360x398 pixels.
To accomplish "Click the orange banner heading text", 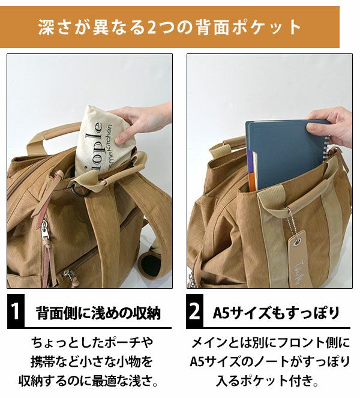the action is coord(169,27).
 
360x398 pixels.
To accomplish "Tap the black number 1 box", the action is coord(16,311).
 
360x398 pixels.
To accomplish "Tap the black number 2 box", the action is coord(194,311).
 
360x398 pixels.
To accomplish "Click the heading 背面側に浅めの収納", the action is coord(98,313).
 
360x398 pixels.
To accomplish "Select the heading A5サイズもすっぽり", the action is coord(276,313).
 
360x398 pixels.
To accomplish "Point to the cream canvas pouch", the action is coord(101,142).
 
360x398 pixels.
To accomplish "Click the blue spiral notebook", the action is coord(287,155).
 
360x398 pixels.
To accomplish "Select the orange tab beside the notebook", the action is coord(252,181).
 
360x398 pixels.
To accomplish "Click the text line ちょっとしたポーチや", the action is coord(92,343).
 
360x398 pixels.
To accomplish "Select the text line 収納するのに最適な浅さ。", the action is coord(89,381).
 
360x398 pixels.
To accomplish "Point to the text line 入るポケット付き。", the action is coord(267,381).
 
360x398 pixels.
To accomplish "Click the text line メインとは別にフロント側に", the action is coord(271,343).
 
